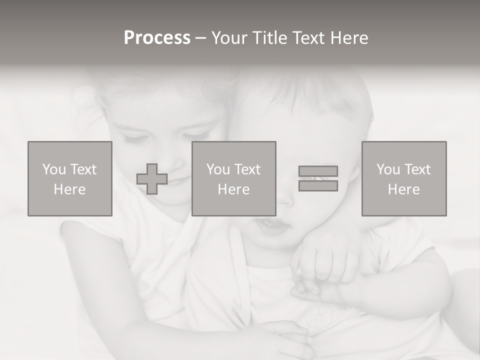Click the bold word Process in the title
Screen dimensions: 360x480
click(x=157, y=38)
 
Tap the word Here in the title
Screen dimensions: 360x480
click(x=349, y=38)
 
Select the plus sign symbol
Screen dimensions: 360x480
click(x=152, y=179)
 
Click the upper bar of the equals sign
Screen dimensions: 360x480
click(x=318, y=171)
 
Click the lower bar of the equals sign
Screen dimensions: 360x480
click(x=318, y=185)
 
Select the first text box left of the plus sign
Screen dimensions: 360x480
click(x=70, y=178)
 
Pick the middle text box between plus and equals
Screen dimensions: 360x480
click(x=233, y=178)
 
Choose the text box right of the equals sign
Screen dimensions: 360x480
click(x=404, y=178)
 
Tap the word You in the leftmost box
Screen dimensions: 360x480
click(x=54, y=169)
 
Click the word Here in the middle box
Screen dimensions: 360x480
click(x=233, y=189)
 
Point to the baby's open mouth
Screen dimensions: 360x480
click(x=270, y=227)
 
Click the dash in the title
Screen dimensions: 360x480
click(x=200, y=38)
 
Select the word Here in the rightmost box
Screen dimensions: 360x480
click(x=404, y=189)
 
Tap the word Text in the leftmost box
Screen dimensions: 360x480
click(x=83, y=169)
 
